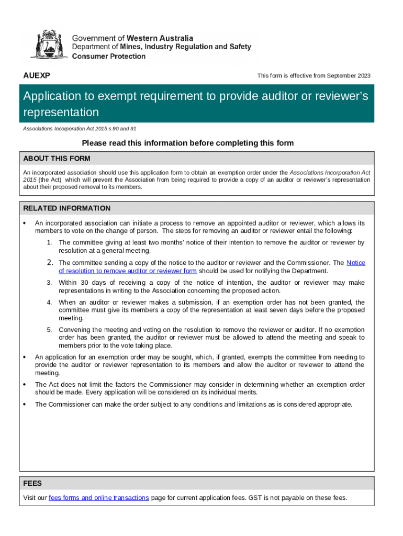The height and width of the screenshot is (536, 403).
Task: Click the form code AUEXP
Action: pos(37,75)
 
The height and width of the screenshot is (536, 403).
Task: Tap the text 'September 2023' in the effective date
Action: pos(349,76)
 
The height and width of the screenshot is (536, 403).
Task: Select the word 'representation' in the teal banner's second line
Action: pos(61,113)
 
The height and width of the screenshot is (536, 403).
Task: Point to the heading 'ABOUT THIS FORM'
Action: pos(57,159)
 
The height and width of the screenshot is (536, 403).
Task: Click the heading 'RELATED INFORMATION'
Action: pos(66,208)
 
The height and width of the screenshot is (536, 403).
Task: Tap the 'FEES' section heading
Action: pos(32,483)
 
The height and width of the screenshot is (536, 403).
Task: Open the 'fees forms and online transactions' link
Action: pos(99,498)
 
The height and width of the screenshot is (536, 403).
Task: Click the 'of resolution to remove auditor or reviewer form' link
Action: pos(128,271)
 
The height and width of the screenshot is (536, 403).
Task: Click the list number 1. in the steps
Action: pos(49,243)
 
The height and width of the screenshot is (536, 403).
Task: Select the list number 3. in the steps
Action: pos(49,283)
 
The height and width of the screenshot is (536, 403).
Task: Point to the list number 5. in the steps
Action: pos(49,330)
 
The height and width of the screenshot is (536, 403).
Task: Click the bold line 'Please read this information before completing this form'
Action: pos(188,143)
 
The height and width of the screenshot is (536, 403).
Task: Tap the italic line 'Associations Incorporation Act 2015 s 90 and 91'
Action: pos(80,128)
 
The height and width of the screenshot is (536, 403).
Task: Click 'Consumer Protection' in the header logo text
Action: pos(108,56)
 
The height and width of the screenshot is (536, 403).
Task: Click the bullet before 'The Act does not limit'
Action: pos(25,385)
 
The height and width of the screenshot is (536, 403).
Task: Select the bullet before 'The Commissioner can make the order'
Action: pos(25,404)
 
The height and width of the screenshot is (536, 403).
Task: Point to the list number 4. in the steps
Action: pos(49,303)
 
